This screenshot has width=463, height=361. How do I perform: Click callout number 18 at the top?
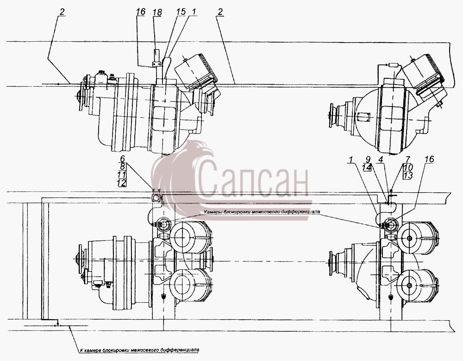157,12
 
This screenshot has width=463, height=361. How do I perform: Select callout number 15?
181,12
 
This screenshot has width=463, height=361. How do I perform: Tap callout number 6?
122,158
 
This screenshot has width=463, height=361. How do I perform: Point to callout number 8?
122,166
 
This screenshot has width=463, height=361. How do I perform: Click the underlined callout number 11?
122,174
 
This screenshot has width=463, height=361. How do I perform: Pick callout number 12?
122,183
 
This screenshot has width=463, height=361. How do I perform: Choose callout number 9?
368,160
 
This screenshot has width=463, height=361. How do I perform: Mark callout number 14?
367,167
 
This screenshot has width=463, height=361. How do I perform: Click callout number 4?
381,160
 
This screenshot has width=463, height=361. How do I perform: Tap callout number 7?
408,160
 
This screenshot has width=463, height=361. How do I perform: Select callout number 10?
408,167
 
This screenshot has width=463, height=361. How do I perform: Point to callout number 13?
408,175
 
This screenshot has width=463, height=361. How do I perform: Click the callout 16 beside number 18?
141,12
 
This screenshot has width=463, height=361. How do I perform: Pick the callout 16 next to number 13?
429,159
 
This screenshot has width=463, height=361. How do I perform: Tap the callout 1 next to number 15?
194,12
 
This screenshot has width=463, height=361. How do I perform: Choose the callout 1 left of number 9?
351,160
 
